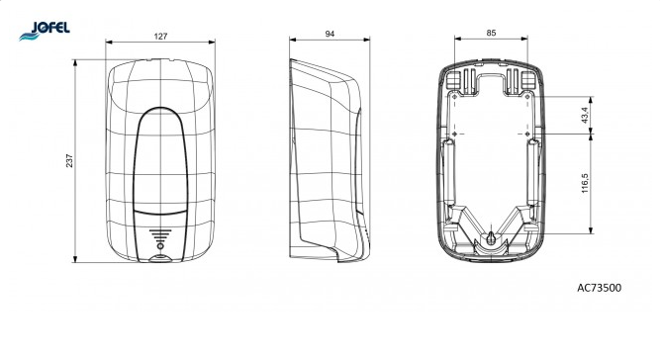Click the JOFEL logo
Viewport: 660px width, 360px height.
[x=45, y=31]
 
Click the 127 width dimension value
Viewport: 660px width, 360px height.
[x=160, y=37]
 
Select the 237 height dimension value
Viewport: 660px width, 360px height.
[x=69, y=160]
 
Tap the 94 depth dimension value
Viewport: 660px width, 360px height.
[x=330, y=34]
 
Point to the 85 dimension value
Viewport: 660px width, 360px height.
[x=491, y=33]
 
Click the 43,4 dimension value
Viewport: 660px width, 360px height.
[x=585, y=115]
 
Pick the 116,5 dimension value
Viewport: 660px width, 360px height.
[x=585, y=183]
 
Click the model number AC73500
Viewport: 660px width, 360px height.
[x=599, y=288]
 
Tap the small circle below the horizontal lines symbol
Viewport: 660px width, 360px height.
[x=160, y=246]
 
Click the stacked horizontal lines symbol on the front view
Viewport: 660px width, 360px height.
[x=160, y=235]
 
